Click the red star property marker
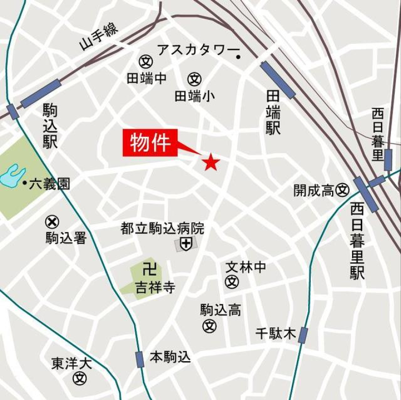(x=211, y=162)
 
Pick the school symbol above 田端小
(x=195, y=79)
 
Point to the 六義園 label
(x=49, y=183)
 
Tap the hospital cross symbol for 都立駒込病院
(x=185, y=243)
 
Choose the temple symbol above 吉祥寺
(x=149, y=270)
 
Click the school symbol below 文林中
(x=232, y=282)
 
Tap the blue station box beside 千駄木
(x=303, y=335)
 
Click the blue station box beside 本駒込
(x=140, y=359)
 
